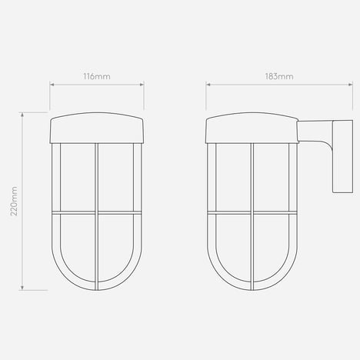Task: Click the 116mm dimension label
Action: tap(97, 76)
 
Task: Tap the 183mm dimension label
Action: tap(279, 76)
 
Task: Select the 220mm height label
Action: tap(14, 201)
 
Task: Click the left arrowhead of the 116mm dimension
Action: tap(52, 85)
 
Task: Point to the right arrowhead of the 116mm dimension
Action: tap(142, 85)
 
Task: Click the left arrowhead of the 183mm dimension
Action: tap(208, 85)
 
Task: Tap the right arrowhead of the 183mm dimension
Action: tap(351, 85)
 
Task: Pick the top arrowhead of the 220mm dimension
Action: tap(22, 115)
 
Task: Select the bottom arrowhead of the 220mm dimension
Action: tap(22, 288)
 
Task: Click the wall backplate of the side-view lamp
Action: tap(342, 156)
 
